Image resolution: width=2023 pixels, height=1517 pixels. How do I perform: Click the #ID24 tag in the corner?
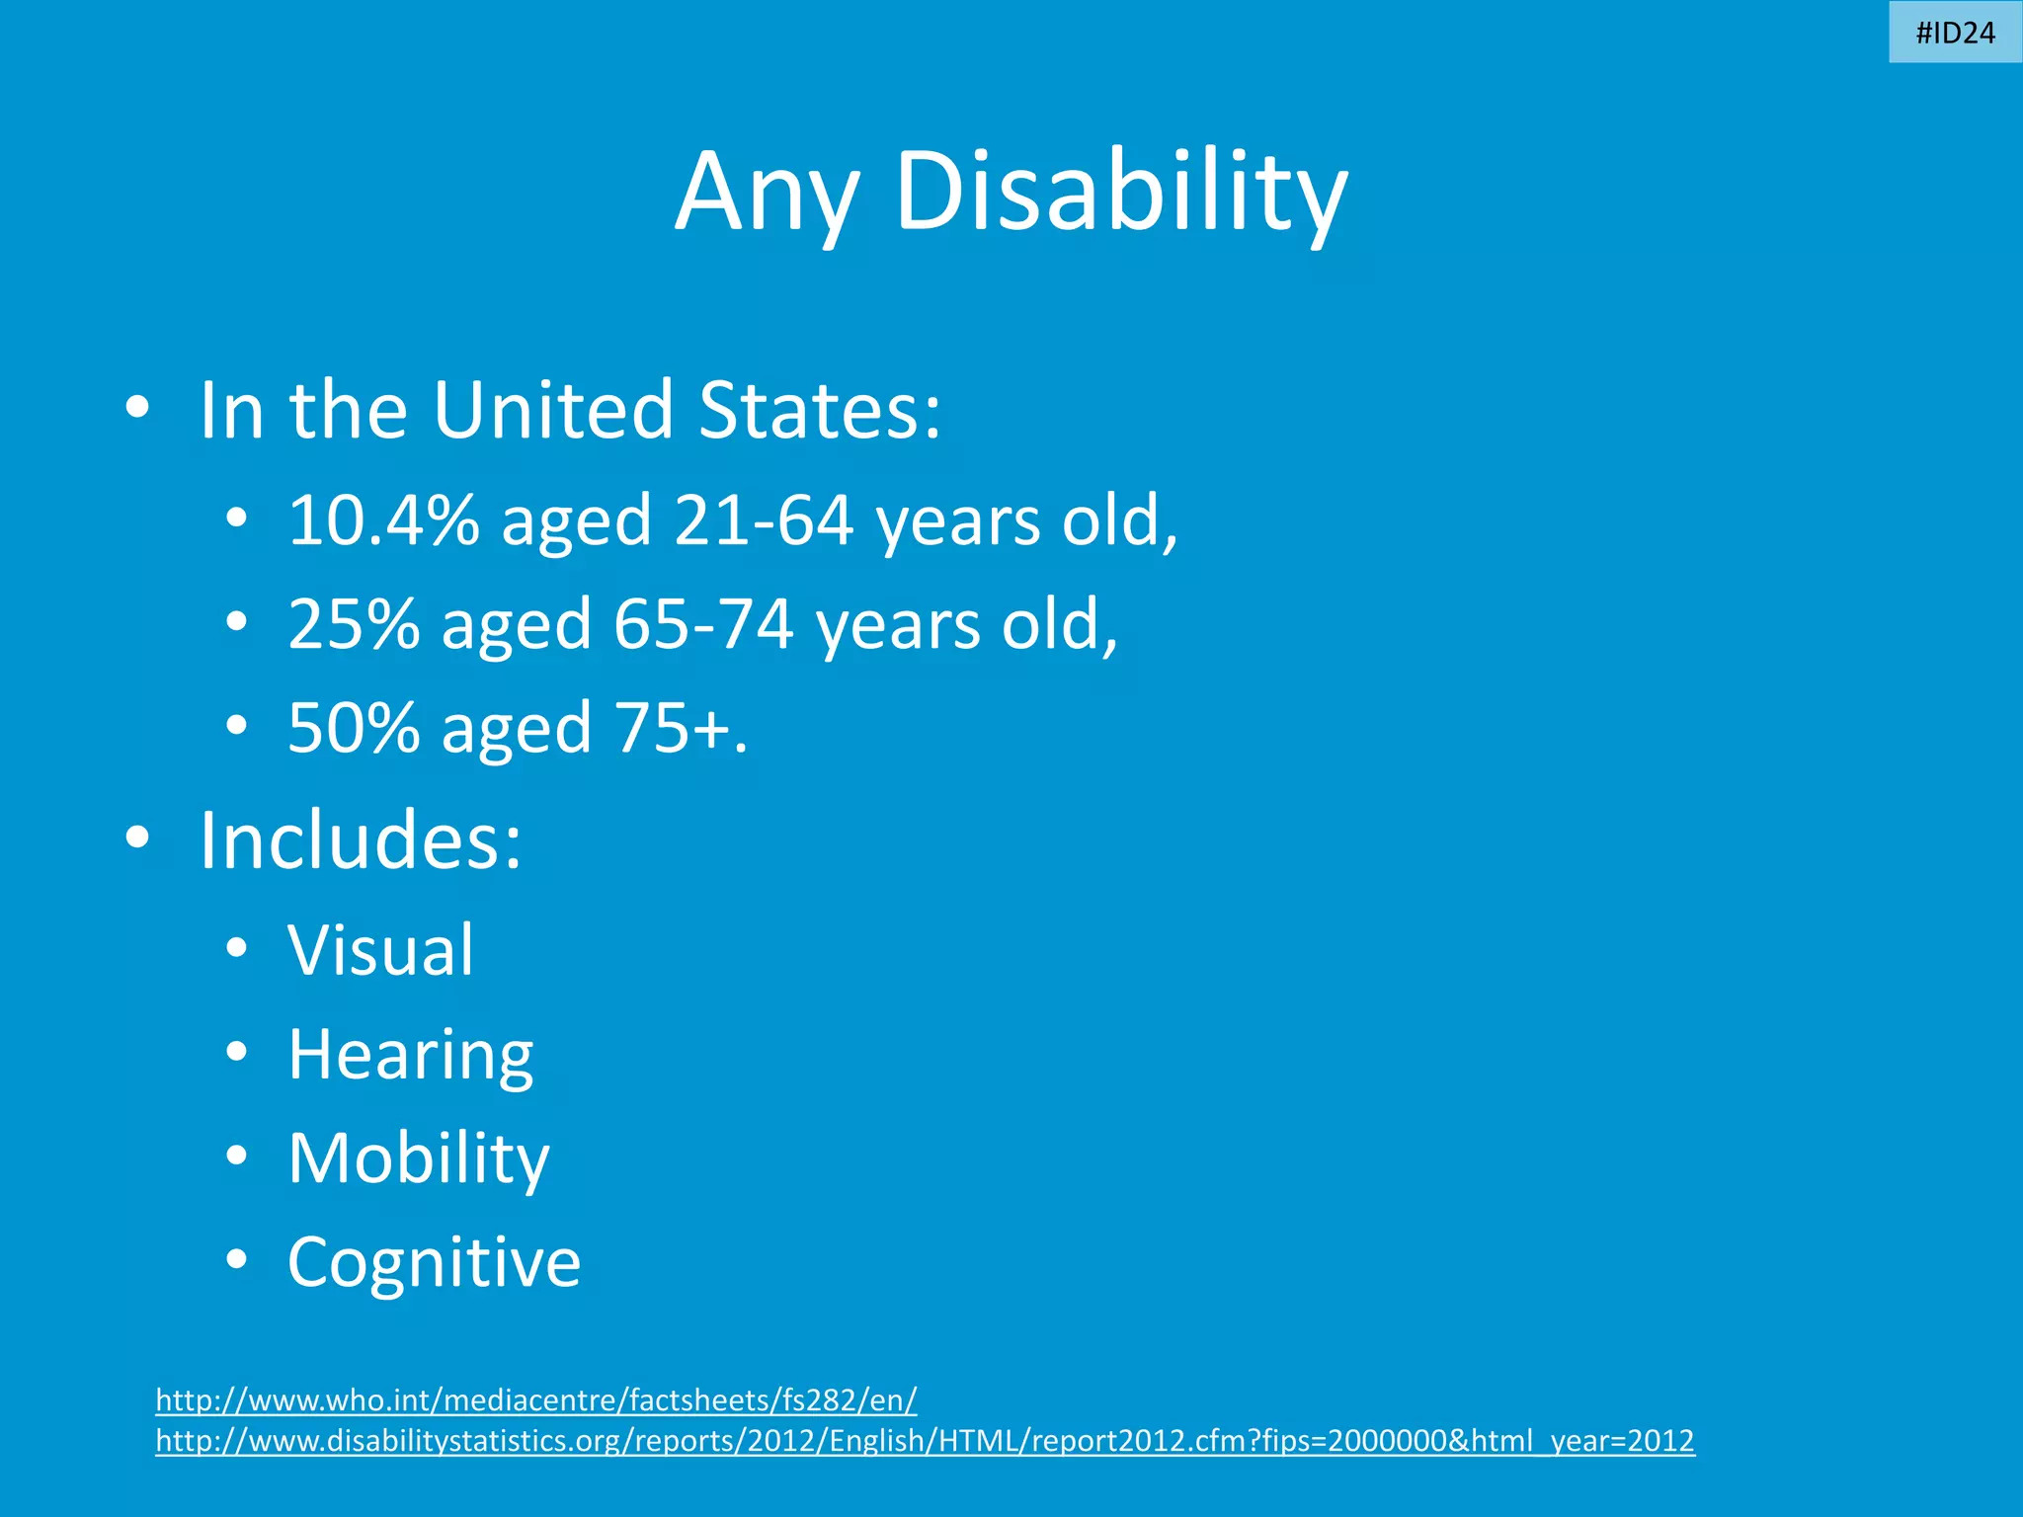[1955, 33]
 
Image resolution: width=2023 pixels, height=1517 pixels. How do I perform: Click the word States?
[820, 410]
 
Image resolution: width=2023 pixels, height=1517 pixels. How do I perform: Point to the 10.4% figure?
[383, 520]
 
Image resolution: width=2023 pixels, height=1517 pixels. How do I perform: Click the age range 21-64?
[763, 520]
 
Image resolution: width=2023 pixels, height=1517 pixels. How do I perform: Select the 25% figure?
[353, 624]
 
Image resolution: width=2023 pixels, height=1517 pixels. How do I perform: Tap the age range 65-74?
[703, 624]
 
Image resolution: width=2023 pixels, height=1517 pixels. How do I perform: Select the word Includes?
[360, 840]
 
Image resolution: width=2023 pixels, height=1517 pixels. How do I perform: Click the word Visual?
[380, 951]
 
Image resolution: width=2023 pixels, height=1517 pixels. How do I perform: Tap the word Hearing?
[410, 1056]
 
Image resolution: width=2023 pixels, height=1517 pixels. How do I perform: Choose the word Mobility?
[418, 1158]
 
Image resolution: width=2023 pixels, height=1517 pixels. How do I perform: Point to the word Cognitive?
[434, 1262]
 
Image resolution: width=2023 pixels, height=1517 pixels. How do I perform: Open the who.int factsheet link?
[536, 1400]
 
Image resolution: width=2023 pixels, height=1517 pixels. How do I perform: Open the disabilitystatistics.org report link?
[925, 1441]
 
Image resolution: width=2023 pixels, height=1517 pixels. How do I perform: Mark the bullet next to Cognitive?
[235, 1259]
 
